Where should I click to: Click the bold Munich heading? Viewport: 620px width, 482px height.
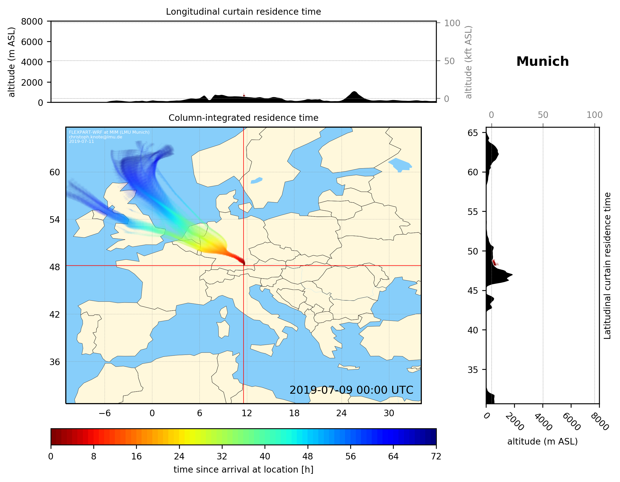tap(542, 62)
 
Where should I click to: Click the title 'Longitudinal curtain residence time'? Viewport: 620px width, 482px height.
tap(243, 12)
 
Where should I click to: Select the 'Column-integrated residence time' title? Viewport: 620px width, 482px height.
tap(243, 118)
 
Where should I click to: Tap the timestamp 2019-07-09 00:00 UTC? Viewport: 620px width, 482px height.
tap(351, 390)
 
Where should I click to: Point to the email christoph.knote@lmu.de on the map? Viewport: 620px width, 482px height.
tap(95, 137)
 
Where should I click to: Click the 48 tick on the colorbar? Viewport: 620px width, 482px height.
tap(308, 457)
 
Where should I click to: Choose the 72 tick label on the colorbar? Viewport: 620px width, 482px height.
tap(436, 457)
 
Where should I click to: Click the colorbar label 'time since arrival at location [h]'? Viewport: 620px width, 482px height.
tap(243, 470)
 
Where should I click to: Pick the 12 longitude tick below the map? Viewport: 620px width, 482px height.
tap(247, 413)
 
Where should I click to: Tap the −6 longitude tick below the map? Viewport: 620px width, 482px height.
tap(104, 413)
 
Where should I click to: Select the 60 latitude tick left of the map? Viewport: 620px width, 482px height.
tap(55, 172)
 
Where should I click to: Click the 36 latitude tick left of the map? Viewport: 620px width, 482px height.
tap(55, 362)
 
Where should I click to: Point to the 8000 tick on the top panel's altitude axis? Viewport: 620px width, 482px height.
tap(32, 21)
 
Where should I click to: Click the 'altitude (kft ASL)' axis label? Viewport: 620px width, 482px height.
tap(468, 62)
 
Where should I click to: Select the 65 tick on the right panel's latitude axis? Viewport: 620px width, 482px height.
tap(473, 133)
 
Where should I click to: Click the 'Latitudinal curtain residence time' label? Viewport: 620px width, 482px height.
tap(607, 266)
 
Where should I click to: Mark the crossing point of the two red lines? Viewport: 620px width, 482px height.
tap(244, 266)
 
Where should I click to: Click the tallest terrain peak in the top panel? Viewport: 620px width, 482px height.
tap(354, 92)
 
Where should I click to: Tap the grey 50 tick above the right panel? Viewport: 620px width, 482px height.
tap(543, 115)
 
